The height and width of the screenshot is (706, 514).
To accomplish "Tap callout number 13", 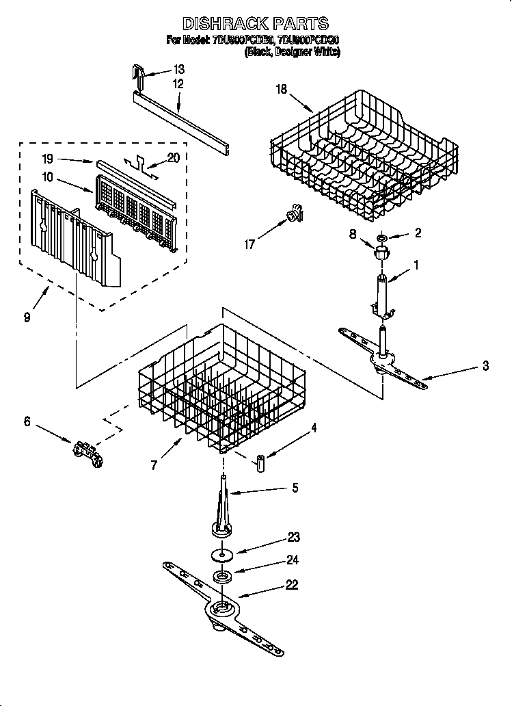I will tap(178, 70).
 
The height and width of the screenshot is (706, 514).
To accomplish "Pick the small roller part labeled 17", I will tap(294, 215).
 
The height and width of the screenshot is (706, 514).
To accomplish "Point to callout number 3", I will tap(485, 366).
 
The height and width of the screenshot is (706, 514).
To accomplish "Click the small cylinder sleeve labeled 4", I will tap(260, 464).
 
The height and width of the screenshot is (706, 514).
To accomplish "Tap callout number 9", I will tap(26, 317).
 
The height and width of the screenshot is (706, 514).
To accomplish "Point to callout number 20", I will tap(173, 157).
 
